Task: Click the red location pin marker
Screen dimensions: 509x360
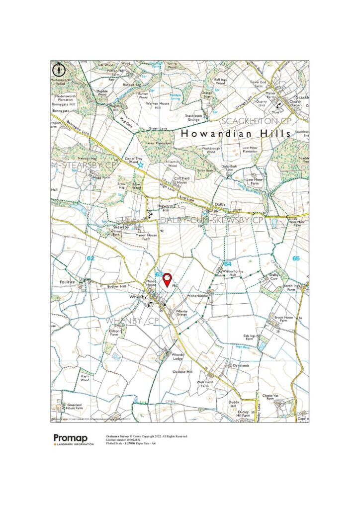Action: point(168,280)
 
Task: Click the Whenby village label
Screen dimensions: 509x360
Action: point(136,297)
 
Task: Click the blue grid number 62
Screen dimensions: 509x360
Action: point(90,258)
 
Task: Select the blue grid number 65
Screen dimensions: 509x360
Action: point(296,258)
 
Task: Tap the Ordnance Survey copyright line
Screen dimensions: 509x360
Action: point(147,436)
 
